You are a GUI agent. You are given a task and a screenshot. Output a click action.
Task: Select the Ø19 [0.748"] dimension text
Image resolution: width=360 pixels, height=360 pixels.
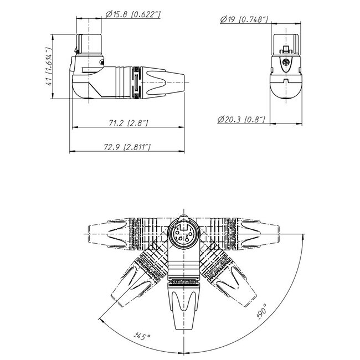click(x=244, y=20)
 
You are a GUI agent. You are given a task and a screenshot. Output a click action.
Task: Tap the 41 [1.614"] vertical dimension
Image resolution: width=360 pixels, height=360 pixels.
click(x=51, y=67)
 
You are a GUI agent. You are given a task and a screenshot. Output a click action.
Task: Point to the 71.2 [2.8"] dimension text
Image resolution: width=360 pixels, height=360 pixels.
click(x=127, y=123)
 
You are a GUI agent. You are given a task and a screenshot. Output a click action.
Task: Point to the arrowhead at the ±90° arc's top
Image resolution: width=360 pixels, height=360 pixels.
click(x=304, y=236)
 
